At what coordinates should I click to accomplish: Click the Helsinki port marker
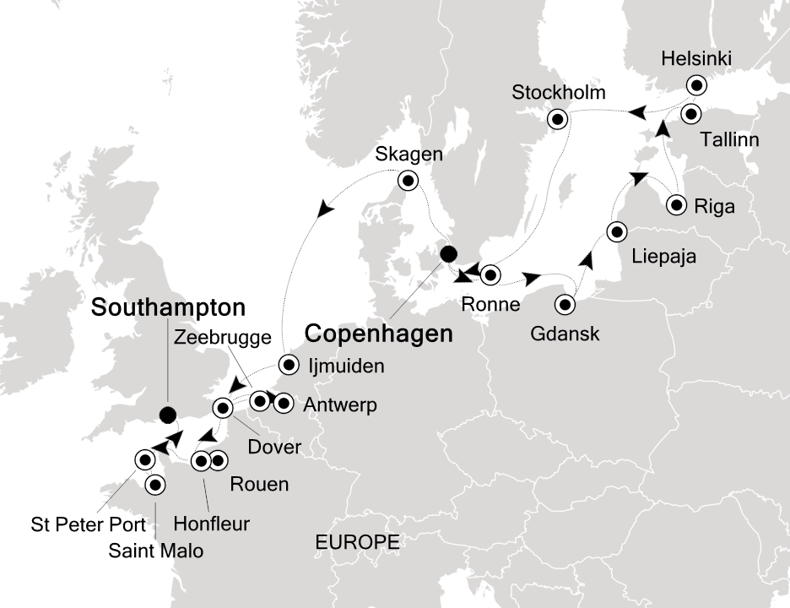click(x=695, y=84)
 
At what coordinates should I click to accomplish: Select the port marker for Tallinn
click(x=691, y=113)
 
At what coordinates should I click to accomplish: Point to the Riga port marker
click(x=676, y=204)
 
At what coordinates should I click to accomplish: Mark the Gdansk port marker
click(x=565, y=304)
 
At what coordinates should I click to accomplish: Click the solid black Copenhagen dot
click(x=448, y=252)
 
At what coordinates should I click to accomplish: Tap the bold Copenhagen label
click(x=378, y=334)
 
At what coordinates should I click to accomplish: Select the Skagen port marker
click(x=409, y=179)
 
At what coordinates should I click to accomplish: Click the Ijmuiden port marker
click(x=289, y=366)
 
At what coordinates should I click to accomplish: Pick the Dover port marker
click(x=224, y=409)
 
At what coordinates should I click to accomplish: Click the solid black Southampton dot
click(x=168, y=414)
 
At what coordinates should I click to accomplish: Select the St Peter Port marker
click(x=144, y=459)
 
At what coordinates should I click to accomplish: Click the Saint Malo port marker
click(x=155, y=485)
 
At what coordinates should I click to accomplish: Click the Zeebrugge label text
click(x=225, y=338)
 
